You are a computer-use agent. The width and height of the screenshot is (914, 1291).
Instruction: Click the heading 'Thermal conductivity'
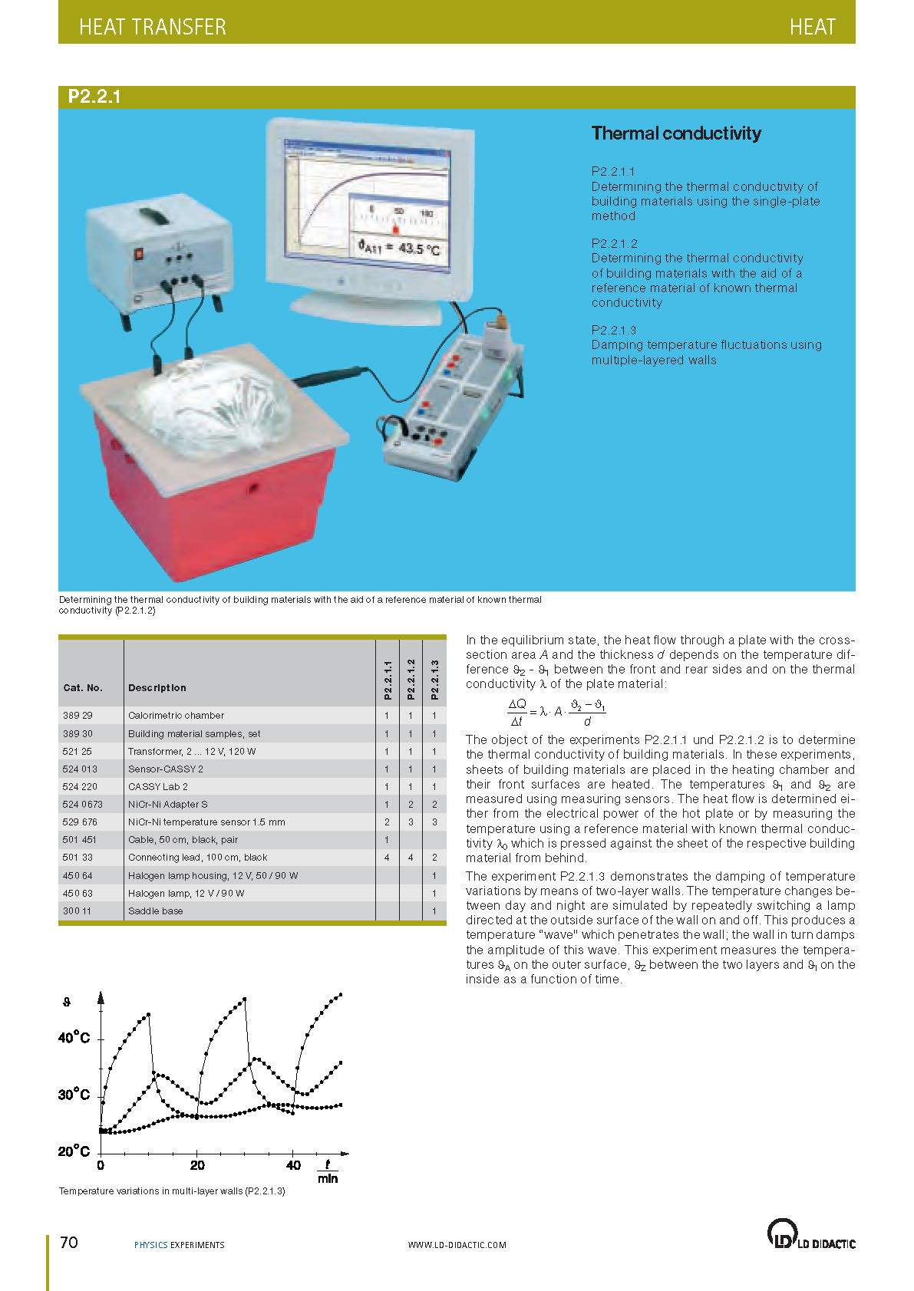tap(676, 133)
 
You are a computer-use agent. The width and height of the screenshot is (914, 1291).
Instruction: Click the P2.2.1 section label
tap(94, 97)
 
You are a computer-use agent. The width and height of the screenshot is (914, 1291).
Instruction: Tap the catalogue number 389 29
tap(78, 715)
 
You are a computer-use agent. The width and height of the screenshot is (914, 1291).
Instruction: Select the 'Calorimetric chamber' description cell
tap(176, 715)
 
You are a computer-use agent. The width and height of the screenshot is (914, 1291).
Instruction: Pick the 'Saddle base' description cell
tap(155, 911)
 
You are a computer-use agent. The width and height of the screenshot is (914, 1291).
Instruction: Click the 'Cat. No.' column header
tap(83, 687)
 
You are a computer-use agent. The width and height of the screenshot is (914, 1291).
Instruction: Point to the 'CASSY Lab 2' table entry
tap(157, 786)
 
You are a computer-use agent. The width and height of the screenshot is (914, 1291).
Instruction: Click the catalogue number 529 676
tap(80, 822)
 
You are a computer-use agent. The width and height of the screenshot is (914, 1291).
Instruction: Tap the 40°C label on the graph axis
tap(74, 1038)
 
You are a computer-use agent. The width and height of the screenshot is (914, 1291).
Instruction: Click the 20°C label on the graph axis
tap(74, 1151)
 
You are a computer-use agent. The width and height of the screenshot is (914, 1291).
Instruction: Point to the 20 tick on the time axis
tap(197, 1165)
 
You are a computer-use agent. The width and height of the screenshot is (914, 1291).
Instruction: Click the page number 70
tap(69, 1242)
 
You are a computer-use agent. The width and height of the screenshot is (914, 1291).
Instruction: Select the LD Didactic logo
tap(810, 1234)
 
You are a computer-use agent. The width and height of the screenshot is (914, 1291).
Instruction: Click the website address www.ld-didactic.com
tap(457, 1245)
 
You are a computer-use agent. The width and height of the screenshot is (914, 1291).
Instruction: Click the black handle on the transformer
tap(158, 216)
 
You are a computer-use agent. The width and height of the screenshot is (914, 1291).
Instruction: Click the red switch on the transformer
tap(140, 254)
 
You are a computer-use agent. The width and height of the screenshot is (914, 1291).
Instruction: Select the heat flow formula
tap(556, 712)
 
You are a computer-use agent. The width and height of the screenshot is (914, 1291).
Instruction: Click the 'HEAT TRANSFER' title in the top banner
tap(152, 27)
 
